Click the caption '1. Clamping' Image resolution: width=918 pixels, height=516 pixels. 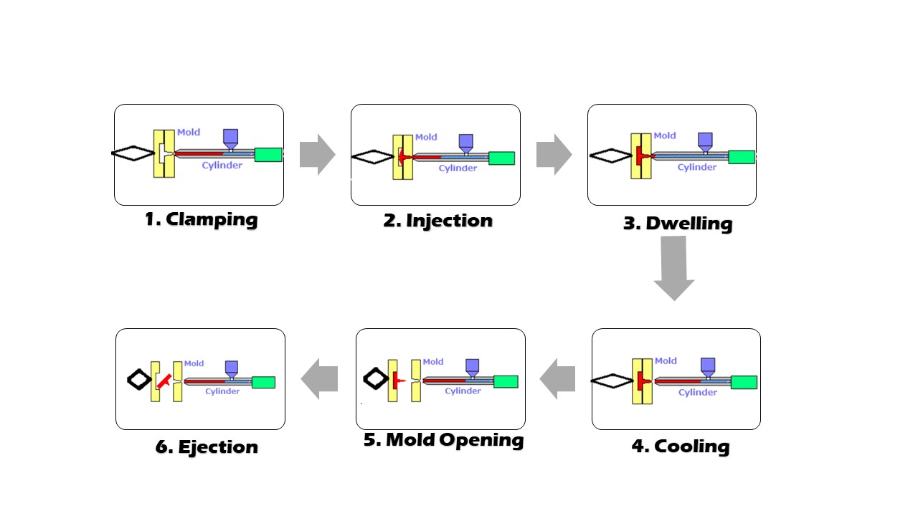pos(201,219)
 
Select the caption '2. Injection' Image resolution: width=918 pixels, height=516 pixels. pos(437,220)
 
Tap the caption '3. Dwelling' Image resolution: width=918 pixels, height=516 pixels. pos(677,223)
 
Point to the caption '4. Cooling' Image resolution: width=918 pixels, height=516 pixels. pos(680,446)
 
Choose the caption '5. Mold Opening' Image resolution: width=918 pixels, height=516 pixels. pos(443,439)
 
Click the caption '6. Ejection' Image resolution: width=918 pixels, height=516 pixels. pos(207,447)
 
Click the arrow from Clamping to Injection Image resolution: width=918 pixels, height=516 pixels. pos(316,154)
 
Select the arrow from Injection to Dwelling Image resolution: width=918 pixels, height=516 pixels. pos(553,154)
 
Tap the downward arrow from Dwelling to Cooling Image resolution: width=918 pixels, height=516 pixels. pos(673,267)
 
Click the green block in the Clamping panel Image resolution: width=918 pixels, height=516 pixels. pos(268,154)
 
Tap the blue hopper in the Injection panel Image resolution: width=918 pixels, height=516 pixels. pos(466,142)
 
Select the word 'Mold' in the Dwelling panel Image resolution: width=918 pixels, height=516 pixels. pos(665,135)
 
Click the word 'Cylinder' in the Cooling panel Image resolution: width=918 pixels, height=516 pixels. pos(697,392)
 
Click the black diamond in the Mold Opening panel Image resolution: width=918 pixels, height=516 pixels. pos(374,378)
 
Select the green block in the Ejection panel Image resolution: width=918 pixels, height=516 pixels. pos(263,382)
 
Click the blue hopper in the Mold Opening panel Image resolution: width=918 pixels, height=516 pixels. pos(473,367)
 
